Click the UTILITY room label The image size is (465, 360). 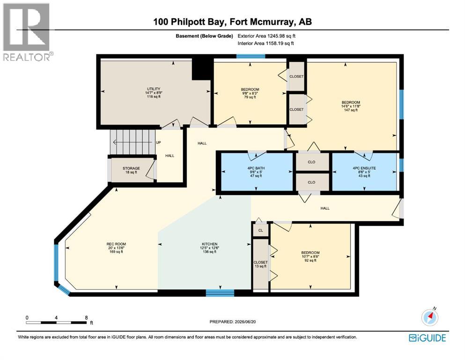(154, 89)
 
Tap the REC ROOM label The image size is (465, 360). (116, 244)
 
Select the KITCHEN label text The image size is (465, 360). (210, 244)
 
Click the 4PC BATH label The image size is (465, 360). (256, 168)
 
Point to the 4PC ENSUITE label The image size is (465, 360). (364, 168)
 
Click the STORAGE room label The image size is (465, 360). (131, 168)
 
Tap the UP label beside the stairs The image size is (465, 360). (158, 142)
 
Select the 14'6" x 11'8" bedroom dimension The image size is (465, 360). (351, 106)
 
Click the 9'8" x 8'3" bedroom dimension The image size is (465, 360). (250, 93)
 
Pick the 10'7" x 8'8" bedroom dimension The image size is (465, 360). (310, 256)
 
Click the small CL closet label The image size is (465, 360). (261, 230)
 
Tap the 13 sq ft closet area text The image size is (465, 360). (261, 266)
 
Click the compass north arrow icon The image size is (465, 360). (430, 317)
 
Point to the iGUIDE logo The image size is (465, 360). (428, 338)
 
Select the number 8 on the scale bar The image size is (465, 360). (86, 317)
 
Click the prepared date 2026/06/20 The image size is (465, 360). (245, 322)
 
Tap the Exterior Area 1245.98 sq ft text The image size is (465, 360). (266, 36)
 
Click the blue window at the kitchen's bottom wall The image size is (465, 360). (220, 292)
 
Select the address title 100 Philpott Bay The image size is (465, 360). (190, 22)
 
